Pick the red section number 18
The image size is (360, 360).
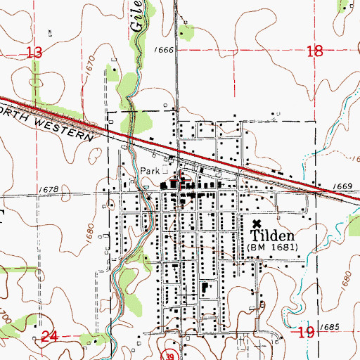pyautogui.click(x=316, y=51)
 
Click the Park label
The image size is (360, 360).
pyautogui.click(x=150, y=170)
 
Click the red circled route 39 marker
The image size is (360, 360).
pyautogui.click(x=168, y=352)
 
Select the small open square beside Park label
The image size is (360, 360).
pyautogui.click(x=166, y=169)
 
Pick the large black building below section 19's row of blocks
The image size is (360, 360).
pyautogui.click(x=205, y=287)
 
